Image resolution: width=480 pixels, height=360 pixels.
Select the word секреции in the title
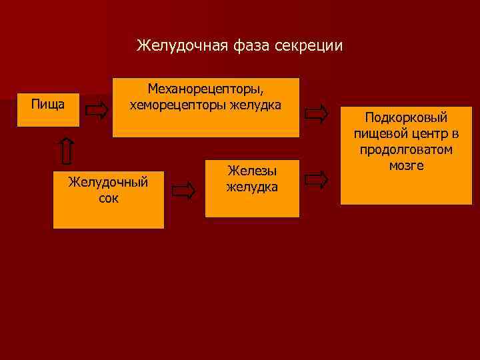[x=309, y=46]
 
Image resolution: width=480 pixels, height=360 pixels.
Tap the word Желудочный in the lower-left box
[x=108, y=182]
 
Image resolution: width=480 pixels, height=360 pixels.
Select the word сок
[x=108, y=198]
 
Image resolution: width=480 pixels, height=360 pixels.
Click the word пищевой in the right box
[x=379, y=134]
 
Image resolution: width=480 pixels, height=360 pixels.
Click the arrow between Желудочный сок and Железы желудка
[x=183, y=191]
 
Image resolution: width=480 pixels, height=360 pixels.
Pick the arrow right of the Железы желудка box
[x=317, y=179]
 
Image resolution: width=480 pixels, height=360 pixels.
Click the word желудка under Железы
[x=252, y=187]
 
